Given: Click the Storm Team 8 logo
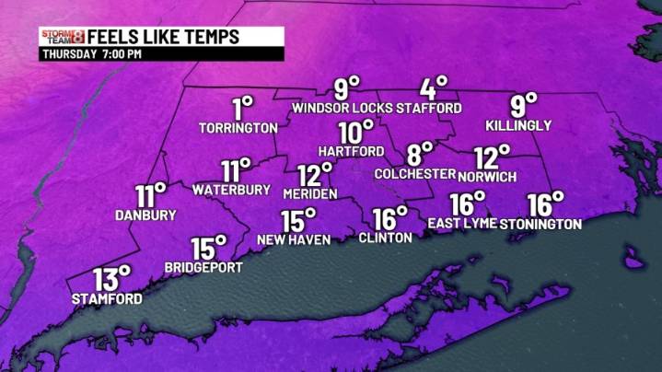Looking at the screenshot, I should click(63, 37).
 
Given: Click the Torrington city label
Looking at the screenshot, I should click(238, 128).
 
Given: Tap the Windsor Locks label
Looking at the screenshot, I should click(343, 109).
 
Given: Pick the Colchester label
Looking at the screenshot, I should click(415, 173).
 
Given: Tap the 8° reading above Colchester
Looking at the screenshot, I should click(421, 152).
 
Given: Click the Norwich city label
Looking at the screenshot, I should click(492, 176).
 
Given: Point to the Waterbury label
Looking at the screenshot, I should click(231, 190).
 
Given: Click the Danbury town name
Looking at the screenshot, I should click(145, 215).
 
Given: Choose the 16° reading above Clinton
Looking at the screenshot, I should click(389, 218).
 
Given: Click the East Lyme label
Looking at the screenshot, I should click(463, 224).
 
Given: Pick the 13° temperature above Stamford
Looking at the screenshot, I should click(111, 277).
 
